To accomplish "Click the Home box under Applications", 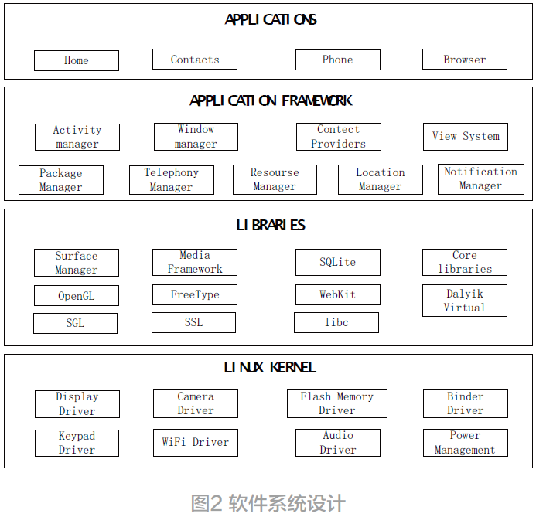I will point(77,60).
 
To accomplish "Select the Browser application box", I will point(465,60).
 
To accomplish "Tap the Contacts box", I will point(194,60).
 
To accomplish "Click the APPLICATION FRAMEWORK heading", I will point(271,100).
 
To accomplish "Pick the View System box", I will point(466,136).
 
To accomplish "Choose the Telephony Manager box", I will point(171,180).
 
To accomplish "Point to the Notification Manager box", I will point(480,179).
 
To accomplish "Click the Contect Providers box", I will point(338,137).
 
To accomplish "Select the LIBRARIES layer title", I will point(271,225).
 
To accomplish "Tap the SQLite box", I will point(337,262).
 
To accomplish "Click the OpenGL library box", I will point(76,296).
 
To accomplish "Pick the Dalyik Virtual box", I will point(465,301).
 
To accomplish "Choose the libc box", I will point(336,322).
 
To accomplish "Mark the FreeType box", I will point(195,294).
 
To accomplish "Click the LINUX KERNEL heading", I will point(270,367).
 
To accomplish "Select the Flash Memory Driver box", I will point(337,403).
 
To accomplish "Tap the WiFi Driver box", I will point(195,443).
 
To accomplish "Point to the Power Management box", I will point(465,443).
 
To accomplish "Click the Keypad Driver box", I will point(77,443).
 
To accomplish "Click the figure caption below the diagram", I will point(268,503).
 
